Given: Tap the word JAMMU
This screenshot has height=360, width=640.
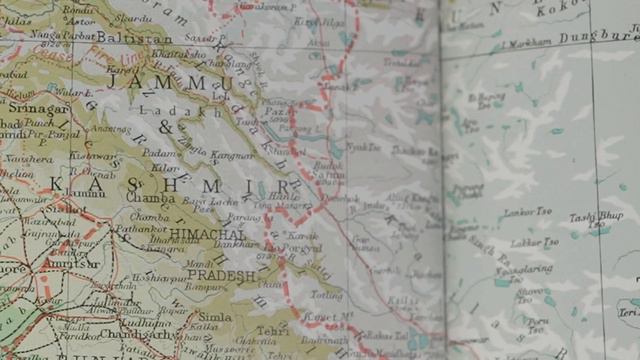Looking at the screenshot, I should click(x=180, y=84).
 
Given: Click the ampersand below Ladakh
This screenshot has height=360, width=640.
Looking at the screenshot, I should click(x=166, y=129).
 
